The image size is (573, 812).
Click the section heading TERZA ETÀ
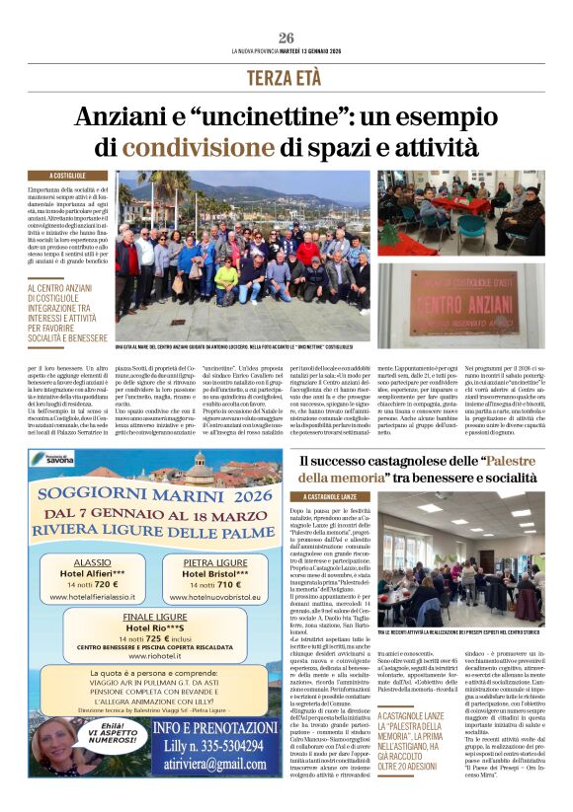[x=286, y=77]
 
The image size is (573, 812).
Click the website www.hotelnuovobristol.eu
[x=215, y=597]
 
